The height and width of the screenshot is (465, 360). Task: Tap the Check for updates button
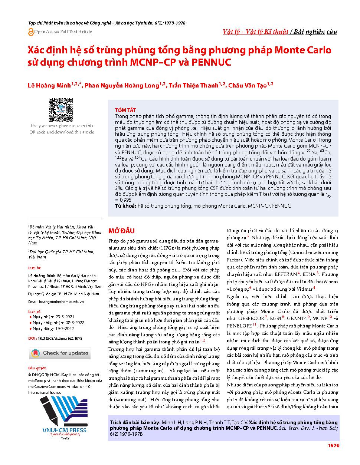click(59, 353)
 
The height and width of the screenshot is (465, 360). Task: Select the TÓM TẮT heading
click(125, 110)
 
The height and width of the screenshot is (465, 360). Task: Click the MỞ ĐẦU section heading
click(121, 231)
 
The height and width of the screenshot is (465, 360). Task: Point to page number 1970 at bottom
click(333, 446)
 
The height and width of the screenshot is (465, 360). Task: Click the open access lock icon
click(31, 32)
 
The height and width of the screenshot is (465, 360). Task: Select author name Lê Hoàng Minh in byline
click(49, 86)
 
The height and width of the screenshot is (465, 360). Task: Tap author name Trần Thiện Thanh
click(193, 86)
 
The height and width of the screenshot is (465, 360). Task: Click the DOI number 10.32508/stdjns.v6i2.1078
click(59, 338)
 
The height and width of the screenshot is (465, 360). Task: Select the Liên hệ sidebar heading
click(35, 268)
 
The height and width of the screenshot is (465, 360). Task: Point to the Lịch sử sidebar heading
click(35, 311)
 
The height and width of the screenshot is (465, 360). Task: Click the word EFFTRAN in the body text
click(285, 274)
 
